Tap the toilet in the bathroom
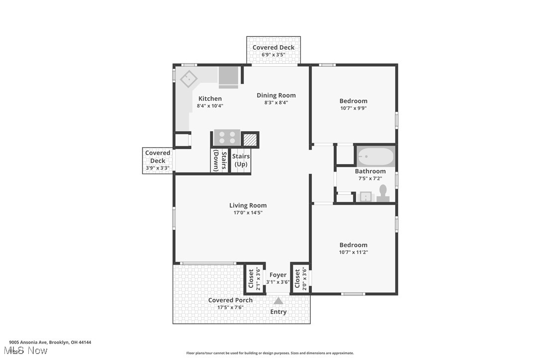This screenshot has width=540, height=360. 383,193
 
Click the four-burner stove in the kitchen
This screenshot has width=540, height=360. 227,138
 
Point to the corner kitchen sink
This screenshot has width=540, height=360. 188,79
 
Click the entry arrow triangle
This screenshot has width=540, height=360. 278,301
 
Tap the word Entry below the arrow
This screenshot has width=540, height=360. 278,312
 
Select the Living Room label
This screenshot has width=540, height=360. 248,205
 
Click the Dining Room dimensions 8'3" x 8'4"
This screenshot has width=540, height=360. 276,103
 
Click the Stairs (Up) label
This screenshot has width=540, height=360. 241,160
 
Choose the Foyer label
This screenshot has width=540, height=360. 278,275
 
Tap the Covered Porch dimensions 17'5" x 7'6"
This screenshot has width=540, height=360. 230,307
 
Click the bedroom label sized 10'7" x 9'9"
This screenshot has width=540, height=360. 354,101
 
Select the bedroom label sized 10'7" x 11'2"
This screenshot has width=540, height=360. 354,245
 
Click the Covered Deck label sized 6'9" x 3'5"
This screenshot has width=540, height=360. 273,48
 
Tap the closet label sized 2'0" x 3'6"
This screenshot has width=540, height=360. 297,279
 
